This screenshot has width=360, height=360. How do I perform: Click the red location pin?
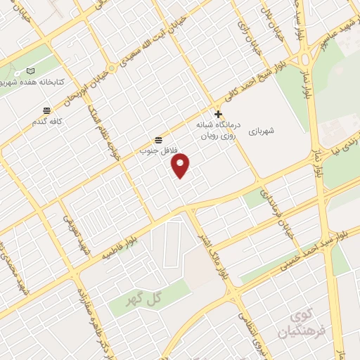click(181, 165)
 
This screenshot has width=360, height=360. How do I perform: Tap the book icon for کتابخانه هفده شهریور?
click(30, 71)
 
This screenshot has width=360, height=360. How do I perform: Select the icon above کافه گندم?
click(47, 110)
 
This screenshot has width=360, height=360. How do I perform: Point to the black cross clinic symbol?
click(218, 114)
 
